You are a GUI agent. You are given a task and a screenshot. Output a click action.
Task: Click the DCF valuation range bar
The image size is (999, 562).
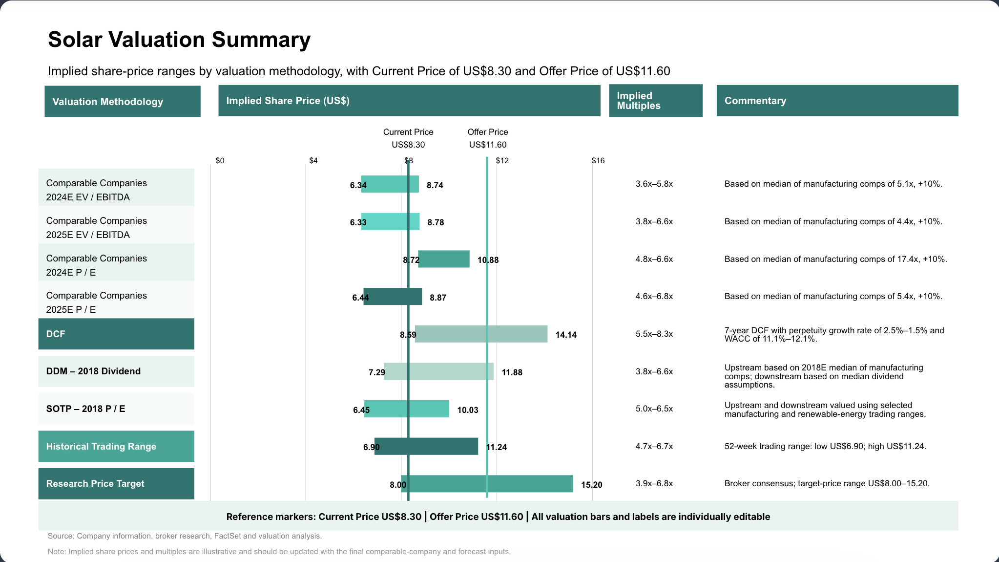click(481, 334)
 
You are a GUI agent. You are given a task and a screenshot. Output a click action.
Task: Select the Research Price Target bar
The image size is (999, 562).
click(487, 483)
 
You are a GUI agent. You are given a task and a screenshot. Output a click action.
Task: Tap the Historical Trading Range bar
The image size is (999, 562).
click(426, 446)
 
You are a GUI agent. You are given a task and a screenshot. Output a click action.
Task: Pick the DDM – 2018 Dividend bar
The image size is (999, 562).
click(438, 371)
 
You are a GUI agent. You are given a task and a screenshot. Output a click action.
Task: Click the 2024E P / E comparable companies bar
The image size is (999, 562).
click(444, 259)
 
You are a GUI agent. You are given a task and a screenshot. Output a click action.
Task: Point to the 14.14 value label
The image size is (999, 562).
click(566, 335)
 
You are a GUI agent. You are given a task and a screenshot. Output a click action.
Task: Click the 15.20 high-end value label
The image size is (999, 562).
click(592, 485)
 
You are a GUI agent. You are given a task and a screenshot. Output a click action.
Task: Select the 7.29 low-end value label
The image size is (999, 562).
click(377, 372)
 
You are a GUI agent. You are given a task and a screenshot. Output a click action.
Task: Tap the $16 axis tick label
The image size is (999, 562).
click(598, 161)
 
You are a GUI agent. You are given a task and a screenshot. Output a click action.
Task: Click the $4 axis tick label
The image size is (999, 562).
click(313, 161)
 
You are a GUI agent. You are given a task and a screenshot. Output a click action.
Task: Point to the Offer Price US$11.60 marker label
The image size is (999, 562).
click(488, 138)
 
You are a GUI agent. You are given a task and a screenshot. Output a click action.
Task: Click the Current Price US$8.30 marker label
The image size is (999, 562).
click(408, 138)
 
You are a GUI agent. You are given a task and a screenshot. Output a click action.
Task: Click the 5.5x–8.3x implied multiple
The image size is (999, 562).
click(654, 334)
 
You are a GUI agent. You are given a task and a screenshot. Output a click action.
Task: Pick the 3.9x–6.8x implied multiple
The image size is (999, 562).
click(654, 483)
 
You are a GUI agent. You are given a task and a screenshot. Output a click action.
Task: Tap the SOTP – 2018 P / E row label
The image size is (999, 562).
click(85, 409)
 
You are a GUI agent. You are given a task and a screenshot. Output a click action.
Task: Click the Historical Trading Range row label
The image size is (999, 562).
click(101, 446)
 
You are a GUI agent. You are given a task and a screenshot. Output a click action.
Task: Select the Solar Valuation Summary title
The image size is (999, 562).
click(179, 40)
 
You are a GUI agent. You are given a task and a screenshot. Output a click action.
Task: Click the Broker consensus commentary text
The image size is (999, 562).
click(827, 483)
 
